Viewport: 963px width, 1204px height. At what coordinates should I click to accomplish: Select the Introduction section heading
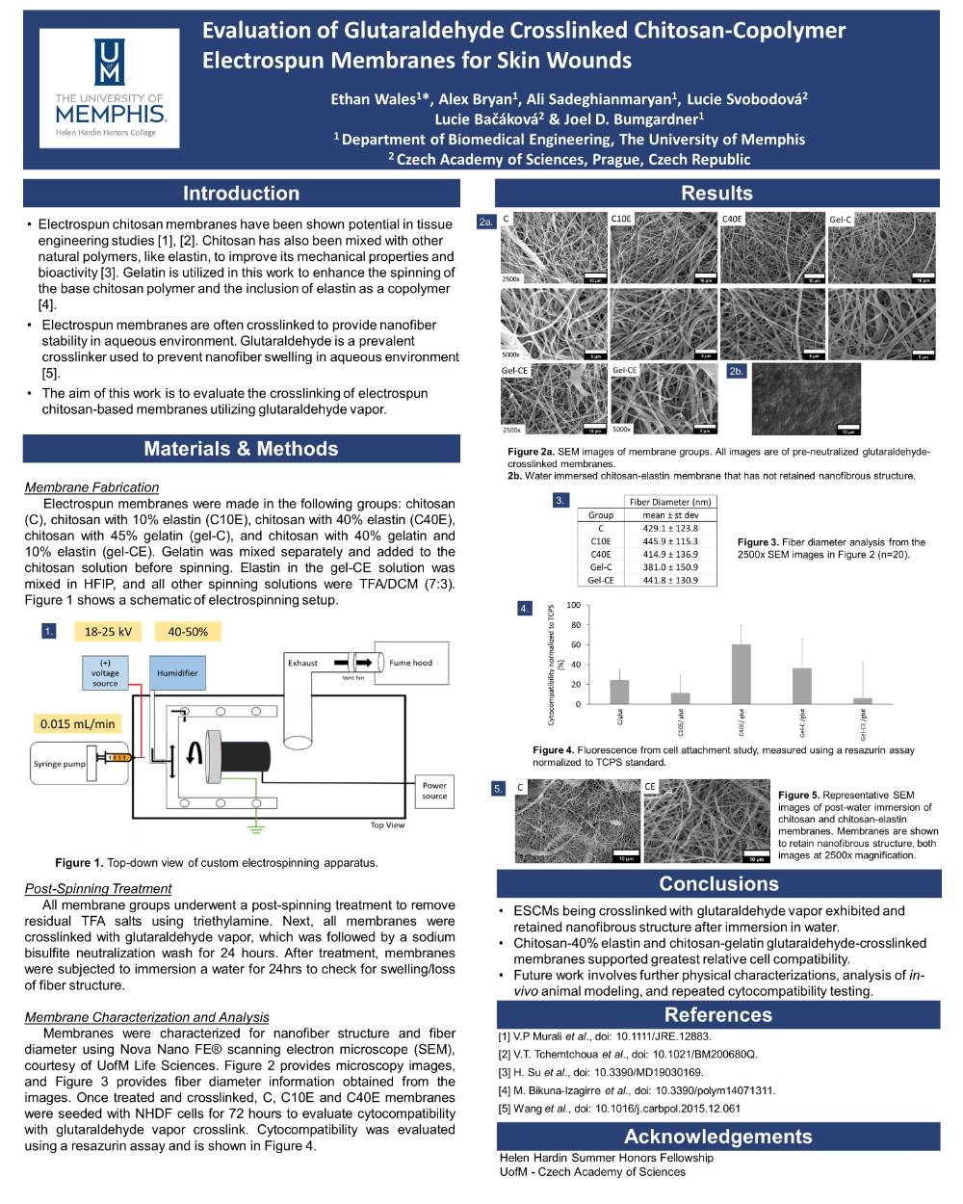(241, 194)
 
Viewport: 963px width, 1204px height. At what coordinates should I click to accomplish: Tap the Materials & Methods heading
(241, 449)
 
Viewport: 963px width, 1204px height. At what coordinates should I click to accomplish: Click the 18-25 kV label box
(108, 632)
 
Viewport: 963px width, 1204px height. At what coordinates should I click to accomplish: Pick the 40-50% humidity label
(188, 632)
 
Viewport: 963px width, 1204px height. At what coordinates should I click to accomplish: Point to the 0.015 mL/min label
(78, 723)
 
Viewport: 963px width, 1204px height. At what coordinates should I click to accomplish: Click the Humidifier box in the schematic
(177, 673)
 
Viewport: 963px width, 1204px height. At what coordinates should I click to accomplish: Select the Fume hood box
(411, 663)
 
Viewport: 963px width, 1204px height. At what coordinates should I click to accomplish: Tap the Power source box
(434, 791)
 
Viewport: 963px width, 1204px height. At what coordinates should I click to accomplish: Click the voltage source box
(105, 673)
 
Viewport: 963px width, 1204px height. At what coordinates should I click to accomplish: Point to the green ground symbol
(255, 825)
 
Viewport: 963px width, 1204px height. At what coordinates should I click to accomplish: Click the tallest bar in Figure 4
(742, 673)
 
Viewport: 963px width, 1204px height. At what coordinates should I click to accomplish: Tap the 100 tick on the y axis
(574, 606)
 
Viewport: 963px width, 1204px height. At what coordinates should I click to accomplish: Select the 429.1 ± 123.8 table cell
(670, 529)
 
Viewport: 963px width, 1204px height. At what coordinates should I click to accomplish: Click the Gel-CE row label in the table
(601, 581)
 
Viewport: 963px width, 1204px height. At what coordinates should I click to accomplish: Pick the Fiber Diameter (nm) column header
(670, 502)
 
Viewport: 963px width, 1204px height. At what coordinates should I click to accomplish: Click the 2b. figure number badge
(737, 371)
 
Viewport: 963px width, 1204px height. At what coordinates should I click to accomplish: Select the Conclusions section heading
(718, 884)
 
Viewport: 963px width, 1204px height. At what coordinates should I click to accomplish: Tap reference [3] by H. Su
(601, 1072)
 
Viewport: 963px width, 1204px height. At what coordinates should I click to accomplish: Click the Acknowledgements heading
(718, 1137)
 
